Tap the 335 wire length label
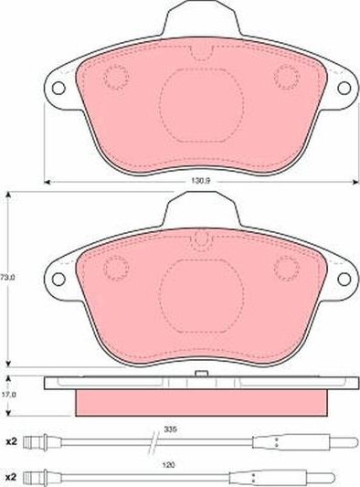tap(170, 428)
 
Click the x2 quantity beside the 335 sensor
tap(12, 441)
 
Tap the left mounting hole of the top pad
tap(58, 89)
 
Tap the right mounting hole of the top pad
tap(346, 89)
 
